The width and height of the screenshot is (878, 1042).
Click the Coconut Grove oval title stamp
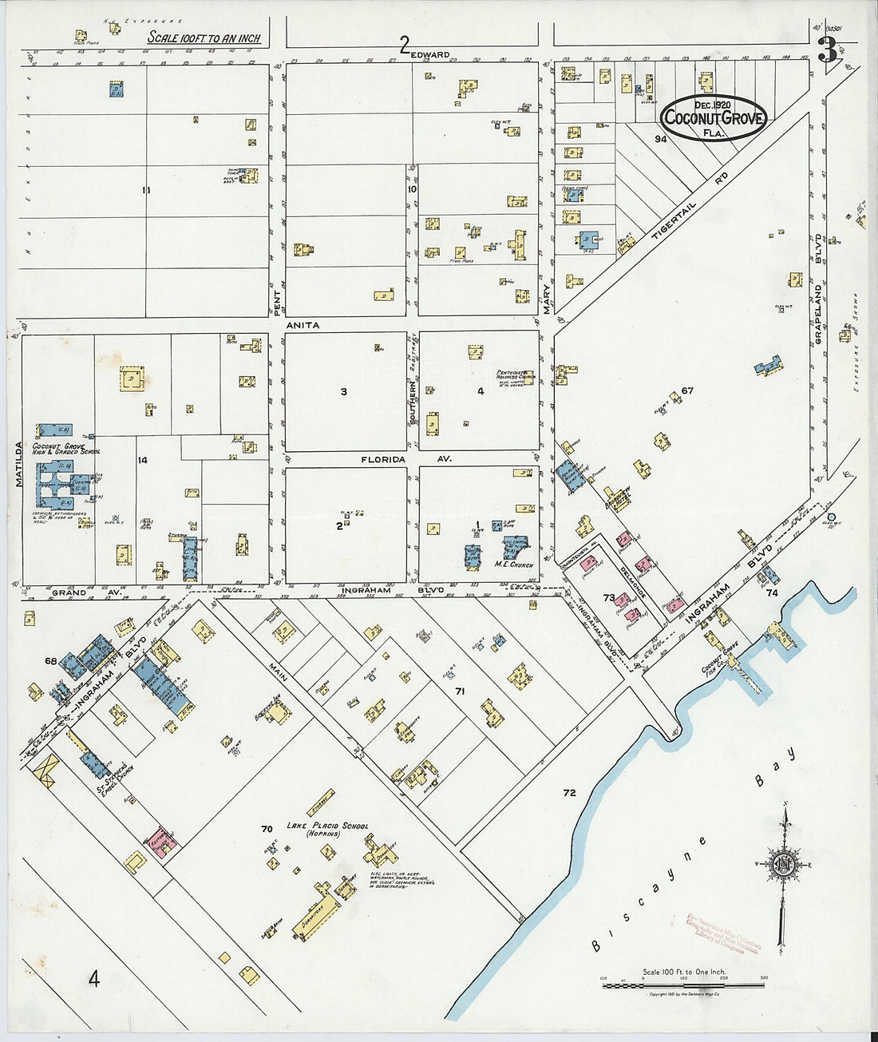click(714, 118)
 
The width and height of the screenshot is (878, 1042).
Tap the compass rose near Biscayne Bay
click(785, 865)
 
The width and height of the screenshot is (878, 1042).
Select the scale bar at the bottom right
click(683, 984)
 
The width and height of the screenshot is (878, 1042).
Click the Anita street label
click(303, 326)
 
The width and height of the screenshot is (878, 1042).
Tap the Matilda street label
click(17, 463)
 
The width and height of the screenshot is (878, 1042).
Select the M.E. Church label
click(513, 565)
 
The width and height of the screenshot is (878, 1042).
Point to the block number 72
click(568, 793)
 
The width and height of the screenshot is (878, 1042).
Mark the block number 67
click(687, 390)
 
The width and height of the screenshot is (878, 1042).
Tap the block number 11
click(145, 189)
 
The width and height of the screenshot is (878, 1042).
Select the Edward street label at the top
click(430, 54)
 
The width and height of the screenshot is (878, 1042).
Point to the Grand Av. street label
click(85, 593)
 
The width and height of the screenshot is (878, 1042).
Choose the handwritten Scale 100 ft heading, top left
click(204, 38)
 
